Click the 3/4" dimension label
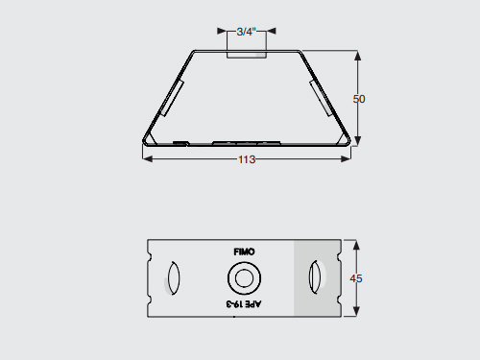click(x=246, y=32)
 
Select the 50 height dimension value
click(x=359, y=99)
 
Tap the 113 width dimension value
click(x=247, y=159)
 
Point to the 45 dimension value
click(x=356, y=278)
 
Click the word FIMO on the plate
click(x=244, y=252)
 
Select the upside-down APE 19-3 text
click(x=244, y=303)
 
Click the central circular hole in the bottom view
click(x=244, y=278)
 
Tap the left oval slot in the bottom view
click(x=174, y=277)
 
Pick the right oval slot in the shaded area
click(x=314, y=276)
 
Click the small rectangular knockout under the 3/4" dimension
click(x=247, y=54)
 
